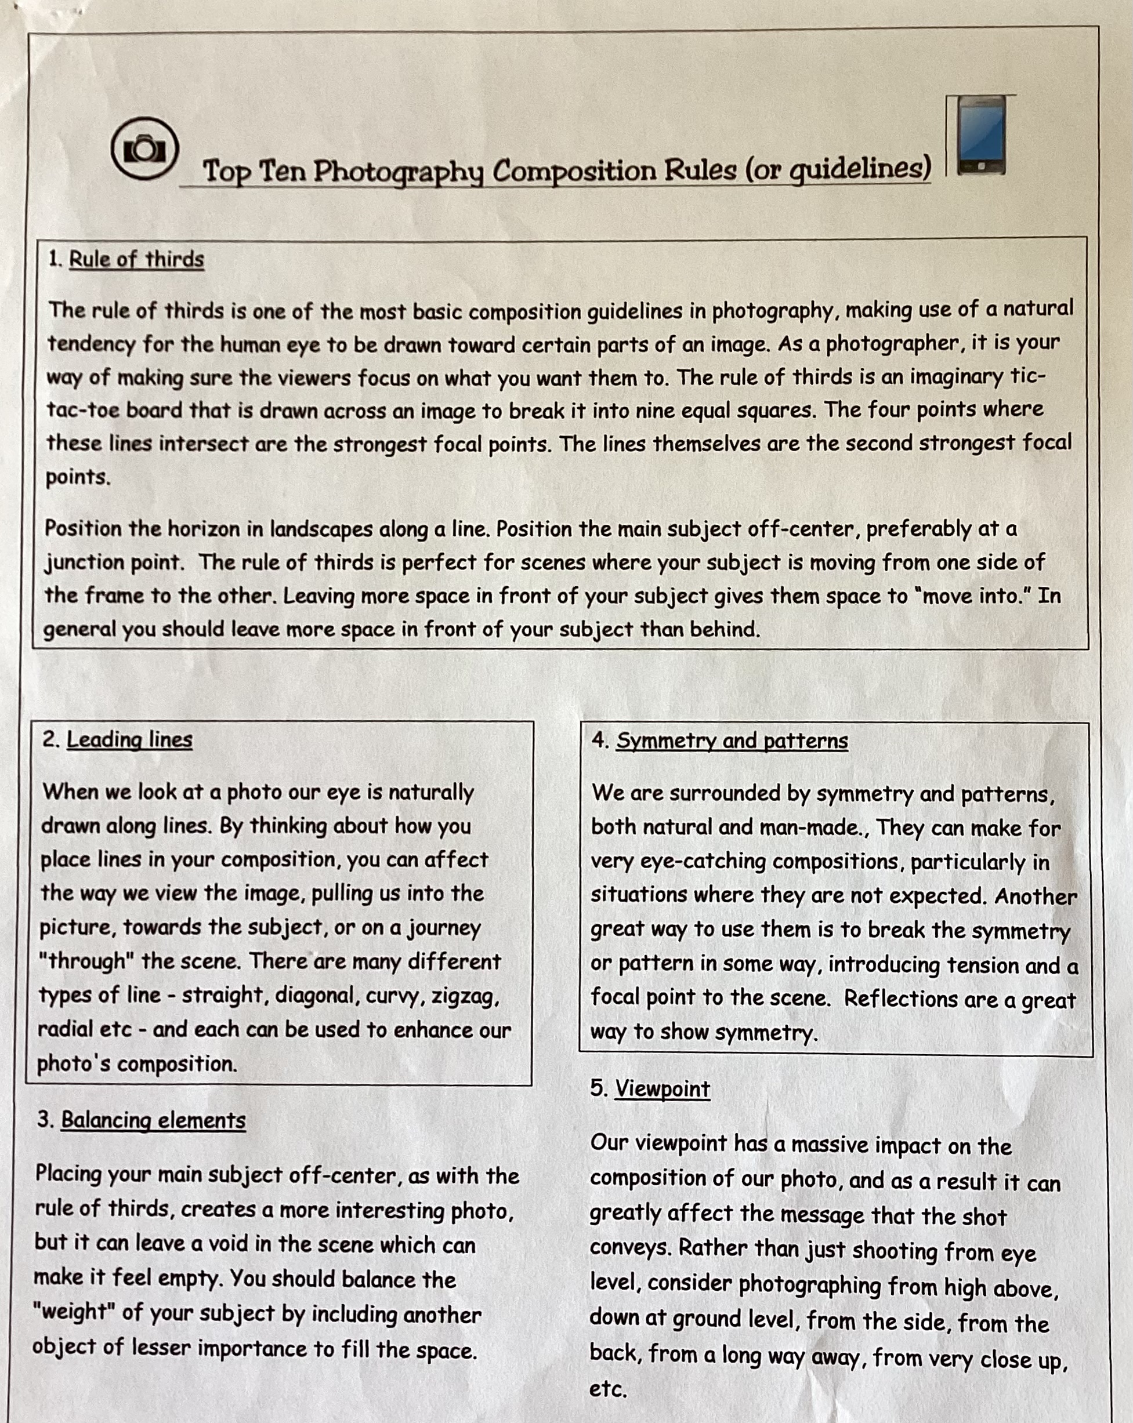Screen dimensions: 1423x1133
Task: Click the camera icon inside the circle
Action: [x=144, y=148]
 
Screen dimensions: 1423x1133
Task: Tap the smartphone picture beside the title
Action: [x=981, y=136]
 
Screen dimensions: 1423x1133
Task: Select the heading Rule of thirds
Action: [x=136, y=259]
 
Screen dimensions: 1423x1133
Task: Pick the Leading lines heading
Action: [x=129, y=739]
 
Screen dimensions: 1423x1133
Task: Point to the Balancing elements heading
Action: [x=153, y=1120]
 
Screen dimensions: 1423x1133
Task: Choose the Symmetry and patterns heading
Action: [x=732, y=740]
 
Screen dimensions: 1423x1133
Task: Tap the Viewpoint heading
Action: [x=663, y=1088]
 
